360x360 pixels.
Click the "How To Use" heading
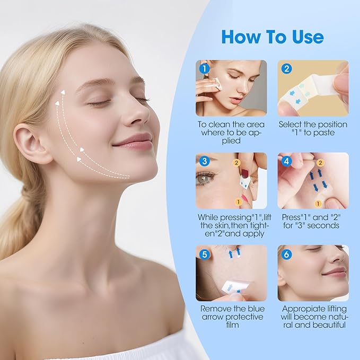coord(272,37)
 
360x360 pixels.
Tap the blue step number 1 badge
coord(203,68)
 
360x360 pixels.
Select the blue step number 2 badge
coord(286,68)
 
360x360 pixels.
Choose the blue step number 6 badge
coord(286,254)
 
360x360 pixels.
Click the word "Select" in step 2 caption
coord(291,124)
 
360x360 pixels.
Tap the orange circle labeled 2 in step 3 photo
coord(237,164)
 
